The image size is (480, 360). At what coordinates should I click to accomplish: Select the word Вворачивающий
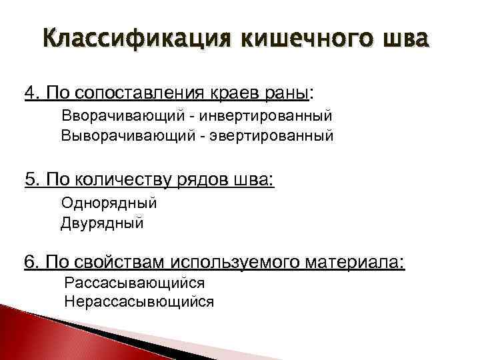pos(121,115)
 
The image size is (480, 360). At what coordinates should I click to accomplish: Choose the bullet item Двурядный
pos(102,223)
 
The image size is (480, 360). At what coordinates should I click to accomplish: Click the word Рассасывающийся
pos(135,283)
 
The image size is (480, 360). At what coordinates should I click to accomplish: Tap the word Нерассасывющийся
pos(139,301)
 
